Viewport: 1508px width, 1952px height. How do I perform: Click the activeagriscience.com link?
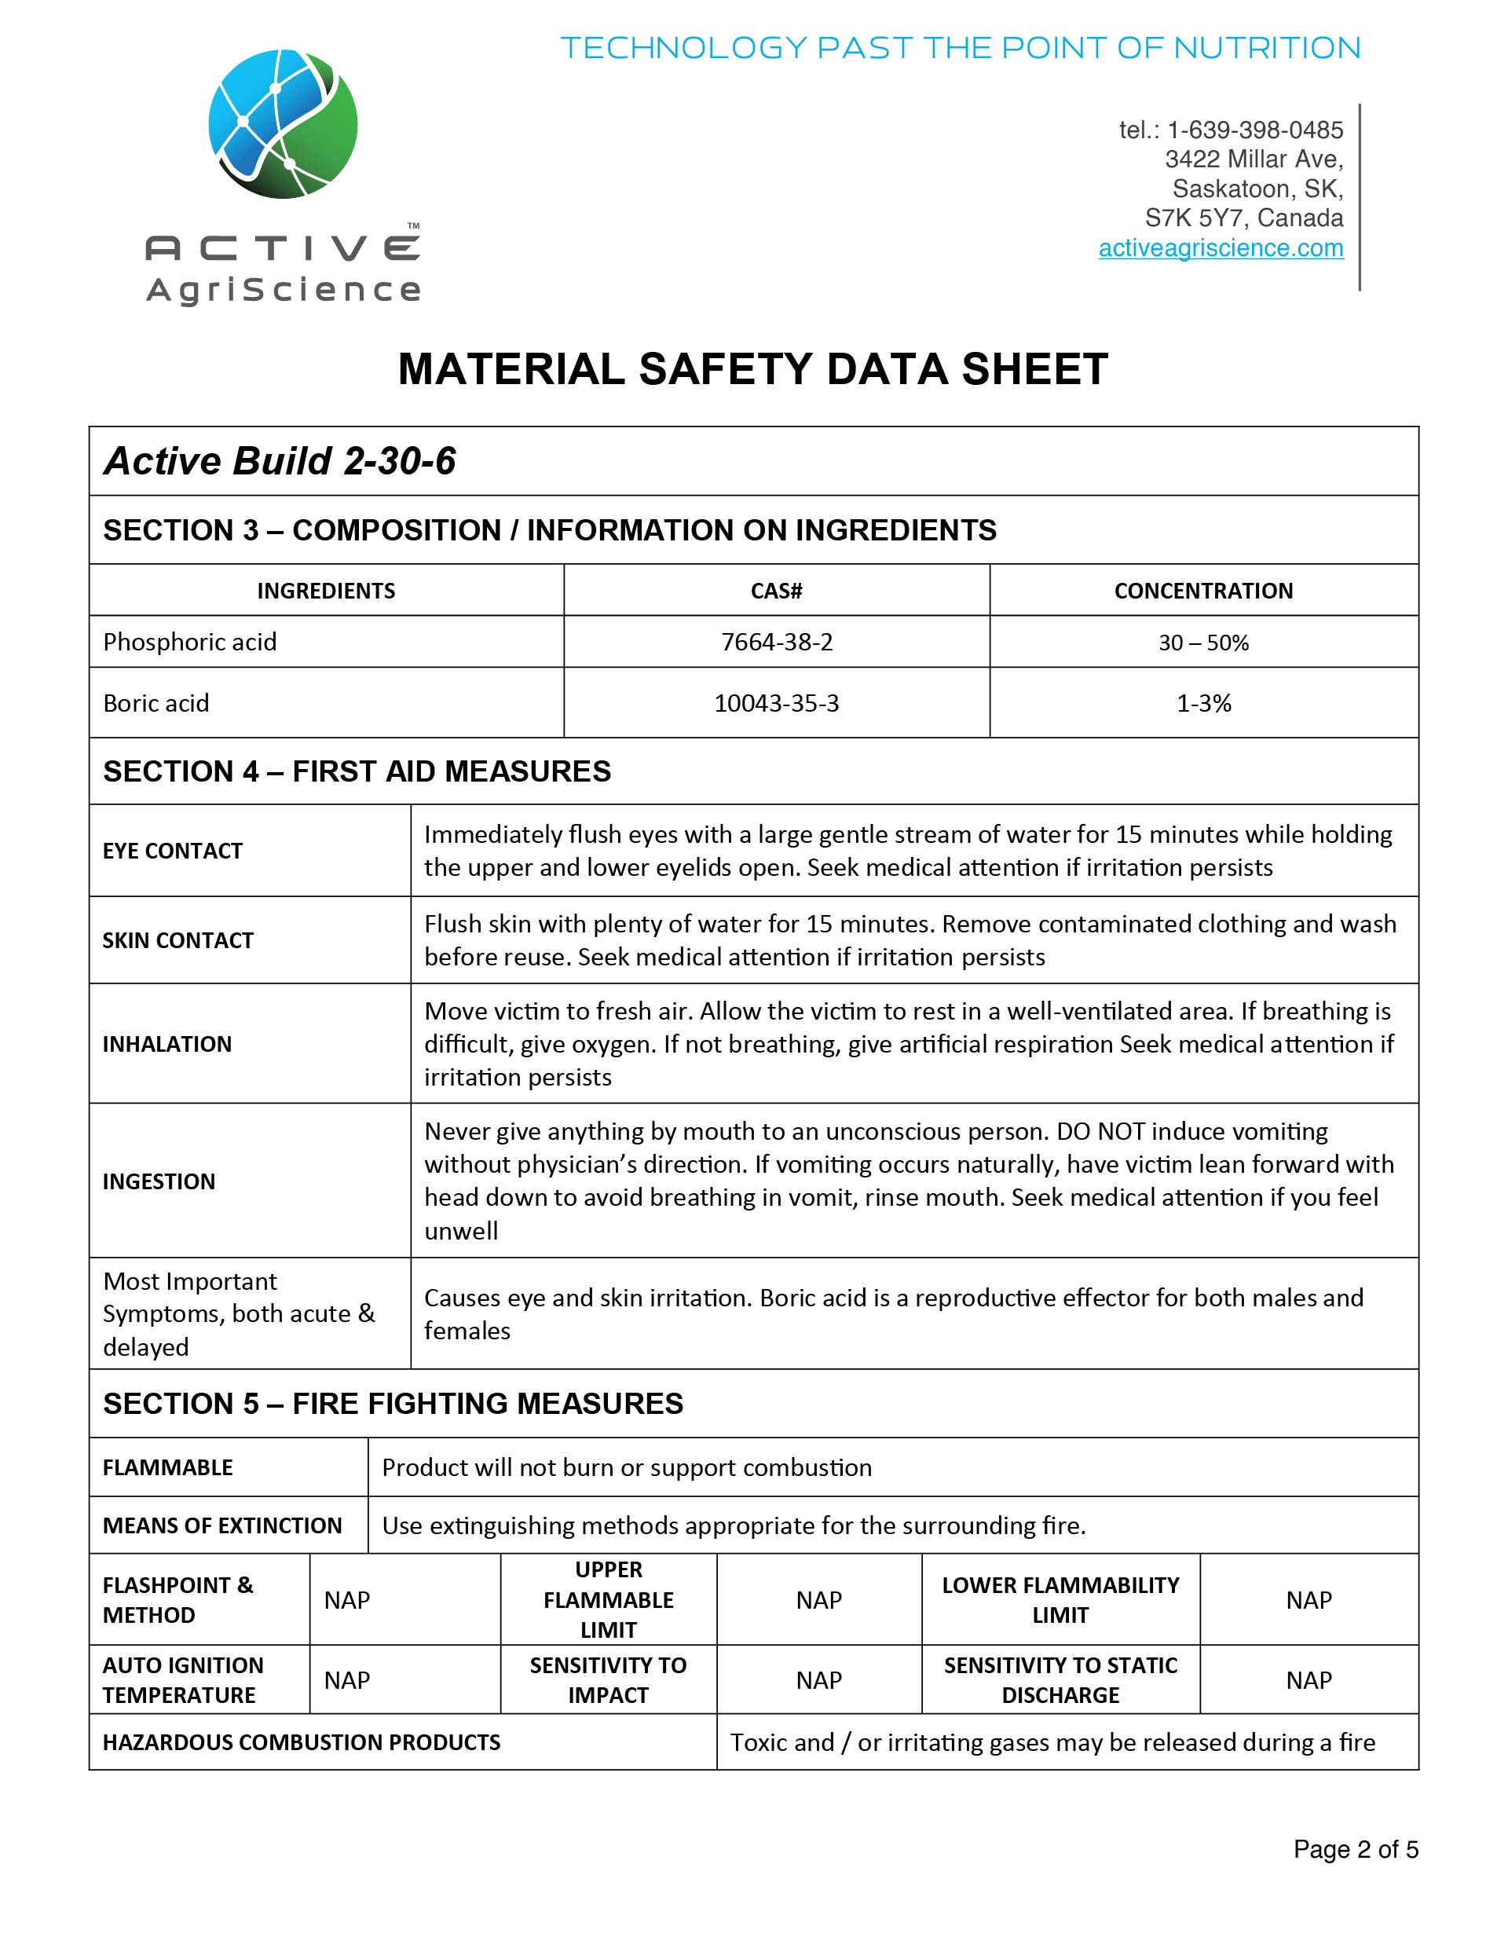point(1221,247)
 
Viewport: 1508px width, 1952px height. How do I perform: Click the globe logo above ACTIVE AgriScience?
point(283,124)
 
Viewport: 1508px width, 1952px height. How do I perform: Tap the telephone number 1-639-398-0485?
point(1254,130)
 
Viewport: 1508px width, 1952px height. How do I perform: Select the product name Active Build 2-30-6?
point(280,461)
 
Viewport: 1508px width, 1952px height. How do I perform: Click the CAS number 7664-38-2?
point(776,642)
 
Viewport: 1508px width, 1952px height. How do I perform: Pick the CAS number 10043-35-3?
point(776,703)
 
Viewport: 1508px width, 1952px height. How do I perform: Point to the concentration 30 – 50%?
point(1203,643)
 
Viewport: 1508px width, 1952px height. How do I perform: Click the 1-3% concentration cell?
point(1203,703)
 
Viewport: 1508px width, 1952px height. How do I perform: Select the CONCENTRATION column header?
point(1203,591)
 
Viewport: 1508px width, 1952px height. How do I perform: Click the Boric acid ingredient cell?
point(156,703)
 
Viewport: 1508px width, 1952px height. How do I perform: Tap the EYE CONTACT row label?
point(173,851)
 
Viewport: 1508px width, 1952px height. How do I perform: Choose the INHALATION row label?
point(167,1044)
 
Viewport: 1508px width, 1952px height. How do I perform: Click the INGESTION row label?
point(159,1181)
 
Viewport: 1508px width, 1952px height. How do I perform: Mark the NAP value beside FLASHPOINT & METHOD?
point(347,1600)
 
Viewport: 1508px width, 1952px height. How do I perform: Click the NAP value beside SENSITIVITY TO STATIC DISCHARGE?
point(1308,1680)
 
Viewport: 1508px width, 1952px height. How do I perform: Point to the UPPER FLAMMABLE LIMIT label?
point(608,1600)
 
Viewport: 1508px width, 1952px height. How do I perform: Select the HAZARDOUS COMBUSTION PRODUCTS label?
point(302,1742)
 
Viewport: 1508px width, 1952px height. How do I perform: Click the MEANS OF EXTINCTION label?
point(221,1525)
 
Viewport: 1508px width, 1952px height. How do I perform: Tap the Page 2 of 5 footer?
point(1355,1849)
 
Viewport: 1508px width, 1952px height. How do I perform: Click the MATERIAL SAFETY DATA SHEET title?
point(752,369)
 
